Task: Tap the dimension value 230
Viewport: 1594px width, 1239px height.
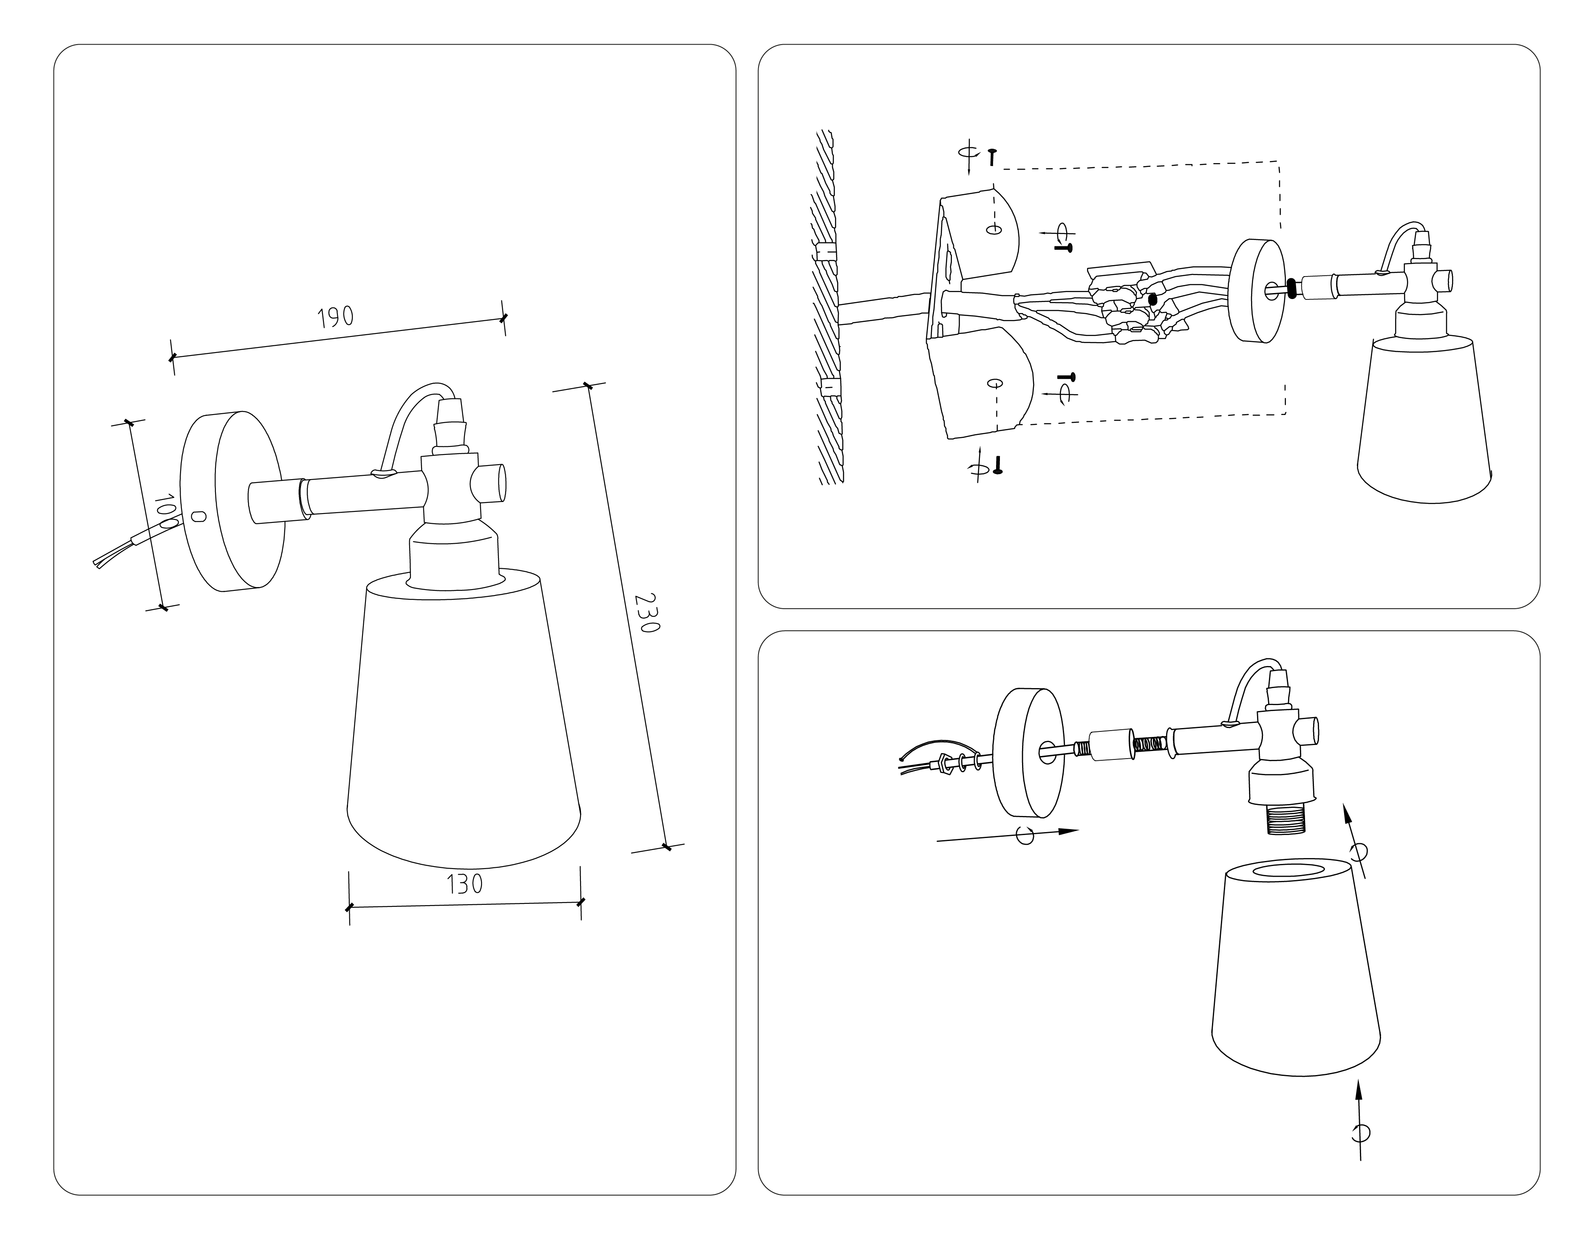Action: click(x=646, y=613)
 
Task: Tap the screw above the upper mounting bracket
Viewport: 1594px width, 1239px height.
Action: click(x=992, y=156)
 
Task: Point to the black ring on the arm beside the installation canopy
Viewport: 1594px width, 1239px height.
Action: click(x=1291, y=288)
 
